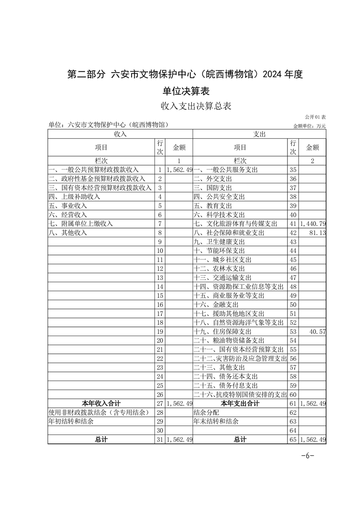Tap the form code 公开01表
[x=316, y=117]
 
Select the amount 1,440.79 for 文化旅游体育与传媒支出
[x=313, y=224]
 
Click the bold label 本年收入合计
[x=101, y=403]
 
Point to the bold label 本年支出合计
[x=240, y=403]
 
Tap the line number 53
[x=293, y=332]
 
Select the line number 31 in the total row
[x=160, y=439]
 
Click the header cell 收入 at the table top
[x=120, y=134]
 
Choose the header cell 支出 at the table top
[x=259, y=134]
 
